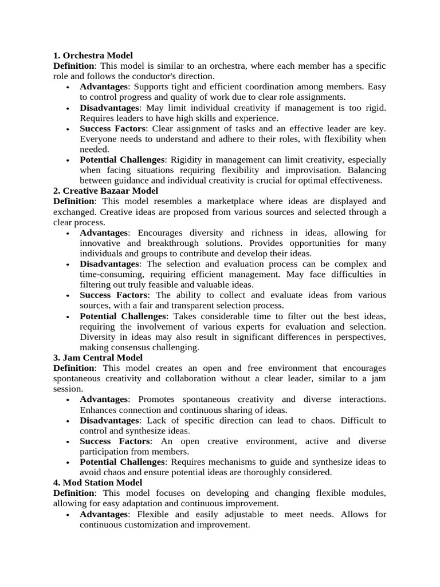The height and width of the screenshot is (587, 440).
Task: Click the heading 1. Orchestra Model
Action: (93, 56)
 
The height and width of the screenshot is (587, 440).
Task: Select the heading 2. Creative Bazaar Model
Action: (105, 191)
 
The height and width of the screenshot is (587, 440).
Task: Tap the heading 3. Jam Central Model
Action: (98, 358)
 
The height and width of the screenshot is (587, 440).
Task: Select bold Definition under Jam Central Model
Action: (73, 368)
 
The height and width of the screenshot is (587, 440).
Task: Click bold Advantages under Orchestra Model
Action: (104, 87)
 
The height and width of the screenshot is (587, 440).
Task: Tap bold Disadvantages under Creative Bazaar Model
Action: (109, 264)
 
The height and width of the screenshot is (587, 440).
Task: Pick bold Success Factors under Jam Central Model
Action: (115, 441)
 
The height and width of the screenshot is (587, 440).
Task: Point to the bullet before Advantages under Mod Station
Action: (68, 515)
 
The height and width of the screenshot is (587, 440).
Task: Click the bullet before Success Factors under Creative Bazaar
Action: (68, 296)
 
